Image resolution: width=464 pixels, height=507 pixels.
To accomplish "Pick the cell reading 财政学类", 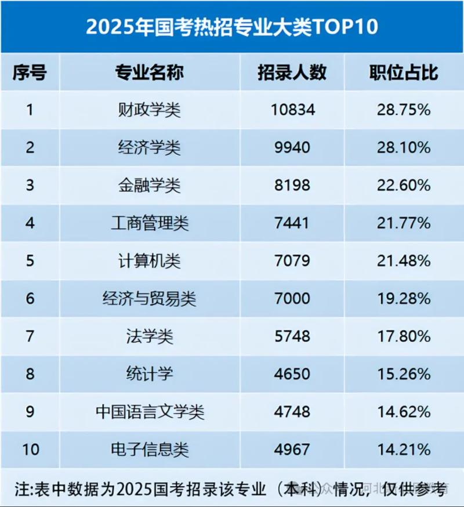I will point(150,110).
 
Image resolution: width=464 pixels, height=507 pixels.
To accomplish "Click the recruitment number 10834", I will point(292,110).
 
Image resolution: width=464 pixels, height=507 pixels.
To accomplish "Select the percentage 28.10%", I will point(404,147).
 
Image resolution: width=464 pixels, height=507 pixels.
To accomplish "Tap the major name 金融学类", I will point(150,185).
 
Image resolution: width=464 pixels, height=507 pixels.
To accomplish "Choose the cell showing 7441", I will point(292,223).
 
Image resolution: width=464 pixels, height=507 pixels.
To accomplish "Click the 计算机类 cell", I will point(150,260).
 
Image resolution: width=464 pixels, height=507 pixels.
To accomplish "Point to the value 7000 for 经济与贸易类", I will point(292,298).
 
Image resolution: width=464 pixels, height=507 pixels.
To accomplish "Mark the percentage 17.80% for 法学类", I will point(404,336).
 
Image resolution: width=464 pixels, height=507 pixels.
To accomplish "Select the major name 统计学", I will point(150,374).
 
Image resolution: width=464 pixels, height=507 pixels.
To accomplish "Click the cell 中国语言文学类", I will point(150,411).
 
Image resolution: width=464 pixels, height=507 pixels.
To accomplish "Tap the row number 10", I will point(30,449).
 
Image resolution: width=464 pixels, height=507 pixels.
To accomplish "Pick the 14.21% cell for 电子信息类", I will point(404,449).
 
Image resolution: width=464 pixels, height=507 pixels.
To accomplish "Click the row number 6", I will point(30,298).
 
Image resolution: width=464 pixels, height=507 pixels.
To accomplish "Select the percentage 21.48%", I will point(404,260).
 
